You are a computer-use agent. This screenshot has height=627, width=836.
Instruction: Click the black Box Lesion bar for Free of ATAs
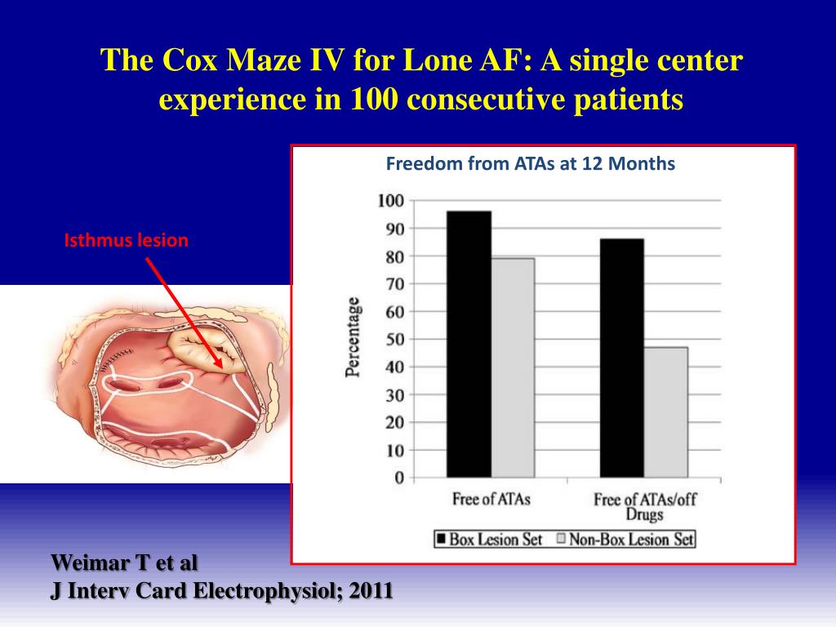(469, 343)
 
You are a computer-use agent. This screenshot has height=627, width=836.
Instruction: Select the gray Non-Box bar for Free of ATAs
(512, 367)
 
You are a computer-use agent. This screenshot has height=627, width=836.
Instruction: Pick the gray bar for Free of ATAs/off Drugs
(665, 412)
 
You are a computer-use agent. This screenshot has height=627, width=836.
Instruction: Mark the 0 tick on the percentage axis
(398, 478)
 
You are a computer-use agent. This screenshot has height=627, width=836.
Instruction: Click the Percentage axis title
(353, 337)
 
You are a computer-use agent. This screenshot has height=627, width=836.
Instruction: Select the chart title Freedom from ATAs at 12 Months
(530, 164)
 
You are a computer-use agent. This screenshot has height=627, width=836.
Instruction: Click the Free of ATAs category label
(491, 499)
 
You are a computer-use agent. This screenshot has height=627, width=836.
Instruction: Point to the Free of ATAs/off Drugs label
(644, 506)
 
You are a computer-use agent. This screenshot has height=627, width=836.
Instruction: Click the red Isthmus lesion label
(127, 241)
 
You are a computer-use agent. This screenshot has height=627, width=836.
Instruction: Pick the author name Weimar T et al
(124, 563)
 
